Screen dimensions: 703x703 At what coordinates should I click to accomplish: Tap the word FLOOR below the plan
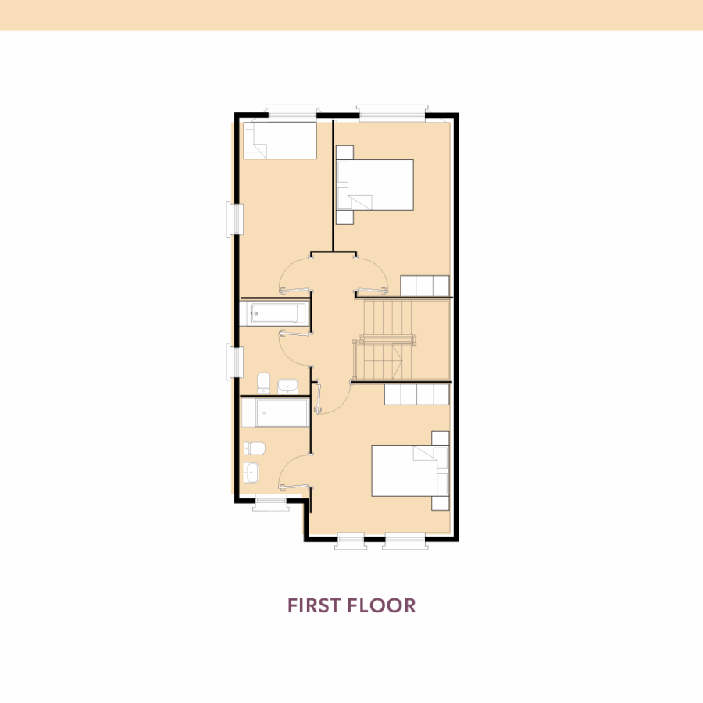tap(382, 605)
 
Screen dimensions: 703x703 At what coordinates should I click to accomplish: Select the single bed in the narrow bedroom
tap(280, 141)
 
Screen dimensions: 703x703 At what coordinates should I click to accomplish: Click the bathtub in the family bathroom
tap(275, 312)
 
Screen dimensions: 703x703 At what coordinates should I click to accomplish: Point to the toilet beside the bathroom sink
tap(264, 383)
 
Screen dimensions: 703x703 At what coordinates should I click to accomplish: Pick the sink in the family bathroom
tap(287, 386)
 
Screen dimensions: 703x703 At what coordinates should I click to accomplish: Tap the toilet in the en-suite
tap(254, 448)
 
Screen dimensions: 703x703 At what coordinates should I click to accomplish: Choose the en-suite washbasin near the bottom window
tap(251, 473)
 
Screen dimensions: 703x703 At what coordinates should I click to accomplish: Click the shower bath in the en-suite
tap(275, 412)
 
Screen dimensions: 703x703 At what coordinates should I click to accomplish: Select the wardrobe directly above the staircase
tap(425, 286)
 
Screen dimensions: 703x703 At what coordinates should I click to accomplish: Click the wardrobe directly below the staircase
tap(416, 394)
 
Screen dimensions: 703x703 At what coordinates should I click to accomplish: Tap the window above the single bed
tap(292, 111)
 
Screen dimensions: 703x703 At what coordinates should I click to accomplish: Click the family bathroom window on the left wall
tap(234, 362)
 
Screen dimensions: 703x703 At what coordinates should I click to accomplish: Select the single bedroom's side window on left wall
tap(234, 219)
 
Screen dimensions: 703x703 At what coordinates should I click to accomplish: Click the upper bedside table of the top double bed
tap(344, 152)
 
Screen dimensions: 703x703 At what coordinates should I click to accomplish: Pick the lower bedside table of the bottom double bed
tap(441, 502)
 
